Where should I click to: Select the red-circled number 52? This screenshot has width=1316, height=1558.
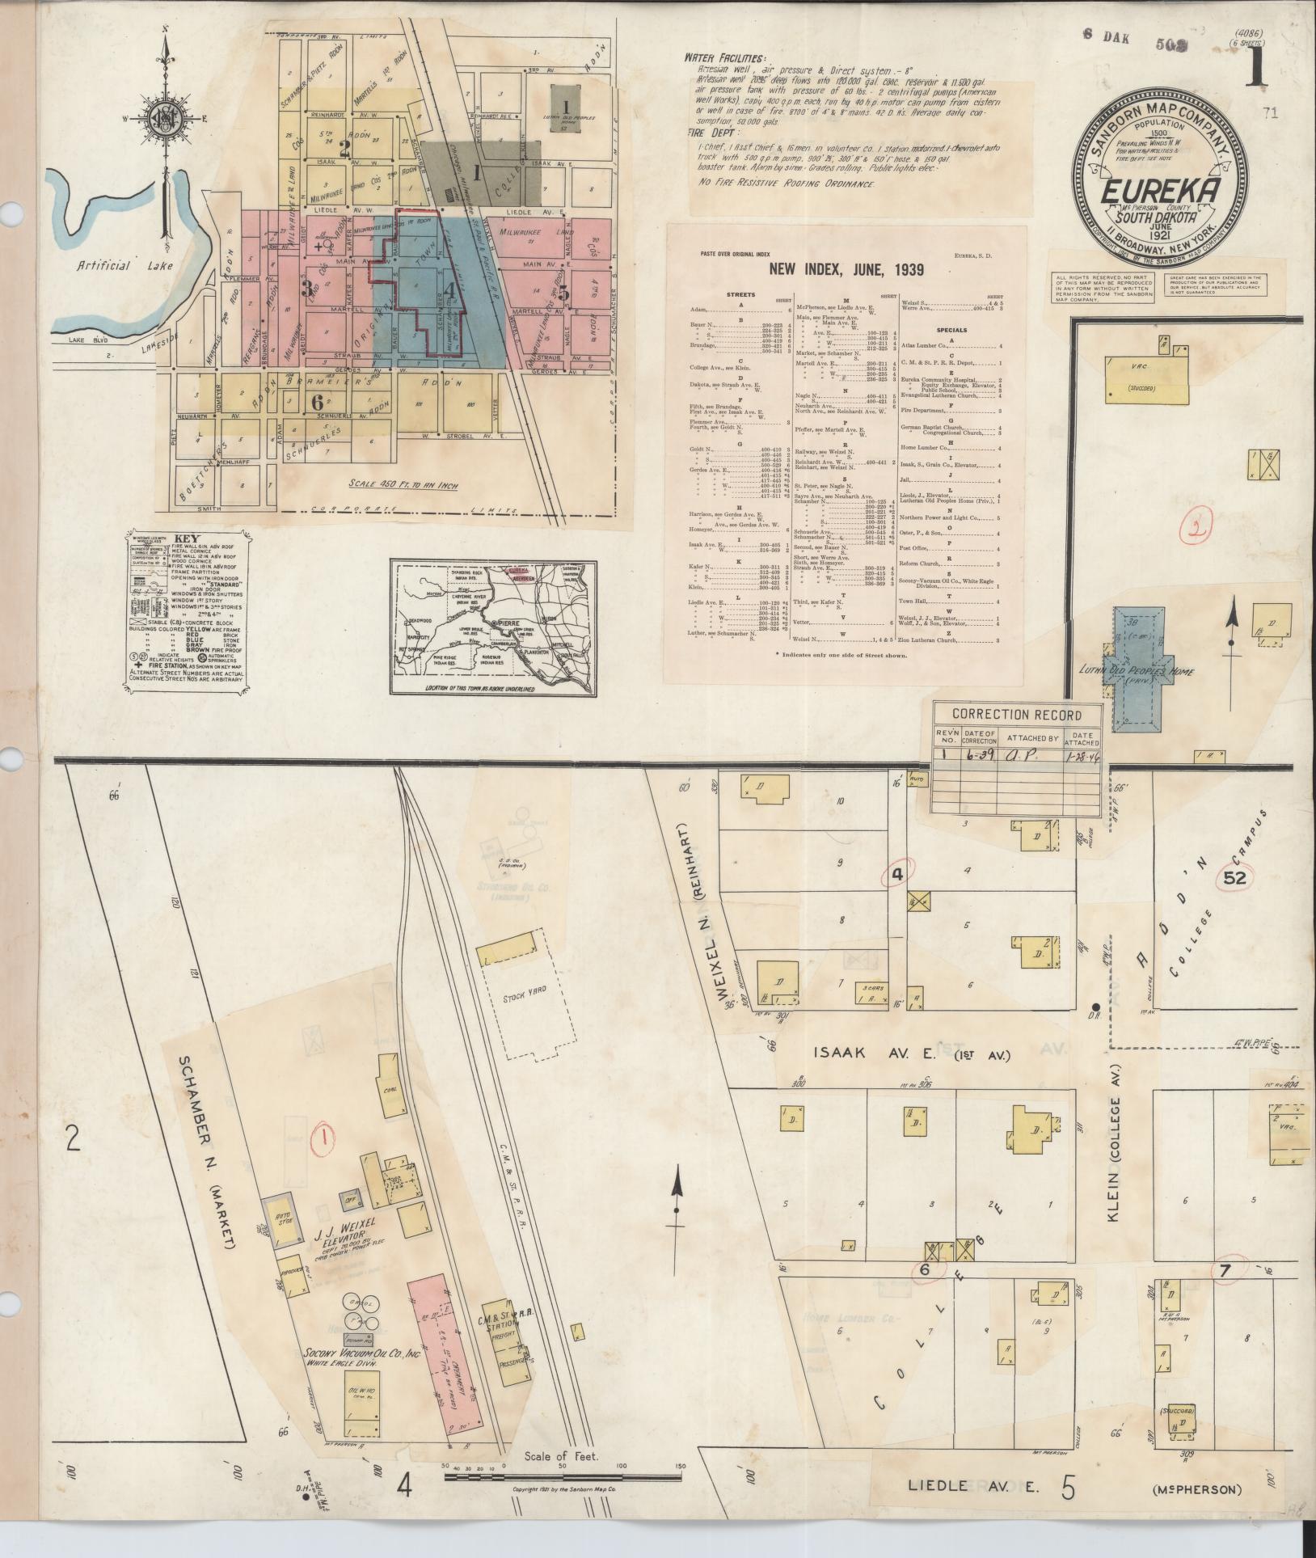pos(1236,876)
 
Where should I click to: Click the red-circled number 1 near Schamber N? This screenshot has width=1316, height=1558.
pos(323,1138)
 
